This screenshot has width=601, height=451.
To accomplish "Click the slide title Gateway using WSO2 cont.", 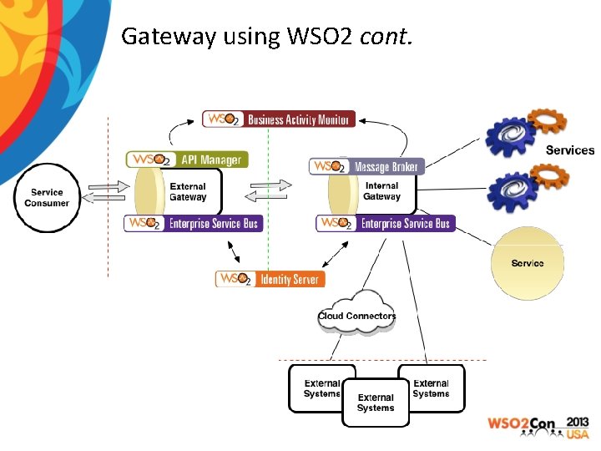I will tap(266, 36).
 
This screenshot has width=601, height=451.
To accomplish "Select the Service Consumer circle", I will tap(47, 198).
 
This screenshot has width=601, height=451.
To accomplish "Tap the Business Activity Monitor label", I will tap(279, 119).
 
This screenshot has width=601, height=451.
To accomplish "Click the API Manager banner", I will tap(187, 160).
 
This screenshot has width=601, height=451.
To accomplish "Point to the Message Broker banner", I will tap(366, 167).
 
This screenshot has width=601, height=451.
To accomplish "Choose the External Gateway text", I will tap(188, 192).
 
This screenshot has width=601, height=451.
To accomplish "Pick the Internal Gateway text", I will tap(381, 191).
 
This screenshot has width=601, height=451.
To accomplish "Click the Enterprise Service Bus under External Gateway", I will tap(193, 223).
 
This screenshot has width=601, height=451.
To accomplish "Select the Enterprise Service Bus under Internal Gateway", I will tap(386, 223).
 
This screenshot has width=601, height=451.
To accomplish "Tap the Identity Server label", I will tap(270, 279).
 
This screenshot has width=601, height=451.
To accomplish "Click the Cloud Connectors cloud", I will tap(356, 314).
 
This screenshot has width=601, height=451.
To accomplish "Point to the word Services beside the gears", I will tap(569, 150).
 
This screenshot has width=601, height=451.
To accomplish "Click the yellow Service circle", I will tap(527, 263).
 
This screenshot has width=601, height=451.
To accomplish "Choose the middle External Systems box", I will tap(376, 403).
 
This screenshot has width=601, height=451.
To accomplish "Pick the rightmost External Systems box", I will tap(431, 388).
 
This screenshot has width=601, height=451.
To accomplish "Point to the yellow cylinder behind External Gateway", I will tap(149, 192).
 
